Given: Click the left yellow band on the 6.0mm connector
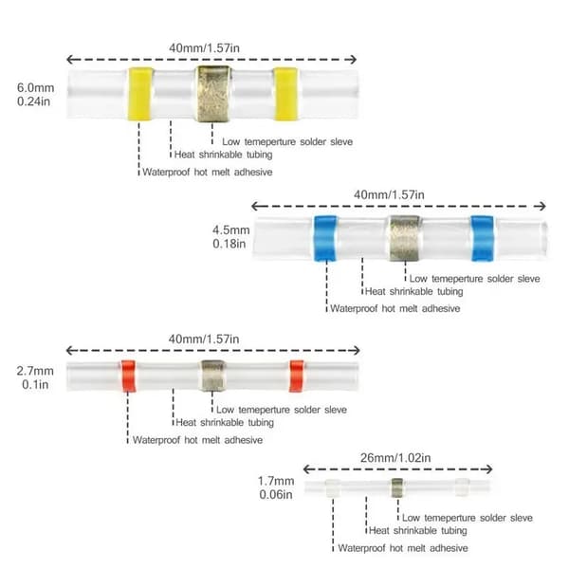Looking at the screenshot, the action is pyautogui.click(x=140, y=94).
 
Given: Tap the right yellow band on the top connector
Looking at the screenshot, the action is pyautogui.click(x=286, y=94).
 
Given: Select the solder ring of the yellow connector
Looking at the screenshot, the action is pyautogui.click(x=213, y=94).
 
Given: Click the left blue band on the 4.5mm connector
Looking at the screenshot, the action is pyautogui.click(x=325, y=238).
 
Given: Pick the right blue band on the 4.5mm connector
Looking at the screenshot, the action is pyautogui.click(x=483, y=238).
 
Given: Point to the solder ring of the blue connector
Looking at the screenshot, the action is pyautogui.click(x=404, y=238).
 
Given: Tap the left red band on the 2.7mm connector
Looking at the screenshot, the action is pyautogui.click(x=128, y=376).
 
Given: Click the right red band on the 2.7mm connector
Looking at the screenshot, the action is pyautogui.click(x=297, y=376).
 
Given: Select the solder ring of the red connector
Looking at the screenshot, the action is pyautogui.click(x=212, y=376).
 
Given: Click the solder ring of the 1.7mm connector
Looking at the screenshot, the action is pyautogui.click(x=397, y=487).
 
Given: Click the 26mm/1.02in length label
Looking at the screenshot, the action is pyautogui.click(x=395, y=458).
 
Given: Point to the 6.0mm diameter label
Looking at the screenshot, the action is pyautogui.click(x=36, y=88).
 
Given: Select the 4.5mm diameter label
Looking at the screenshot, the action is pyautogui.click(x=231, y=230).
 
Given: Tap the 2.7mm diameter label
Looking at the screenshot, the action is pyautogui.click(x=35, y=371).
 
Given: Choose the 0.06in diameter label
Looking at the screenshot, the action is pyautogui.click(x=276, y=494).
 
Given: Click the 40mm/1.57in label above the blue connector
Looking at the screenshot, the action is pyautogui.click(x=389, y=194).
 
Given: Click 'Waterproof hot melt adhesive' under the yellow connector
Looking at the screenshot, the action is pyautogui.click(x=207, y=172).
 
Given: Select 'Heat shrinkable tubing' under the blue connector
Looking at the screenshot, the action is pyautogui.click(x=414, y=291).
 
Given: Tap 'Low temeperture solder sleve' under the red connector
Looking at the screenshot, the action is pyautogui.click(x=282, y=410).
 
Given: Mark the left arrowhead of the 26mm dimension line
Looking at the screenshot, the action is pyautogui.click(x=306, y=469).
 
